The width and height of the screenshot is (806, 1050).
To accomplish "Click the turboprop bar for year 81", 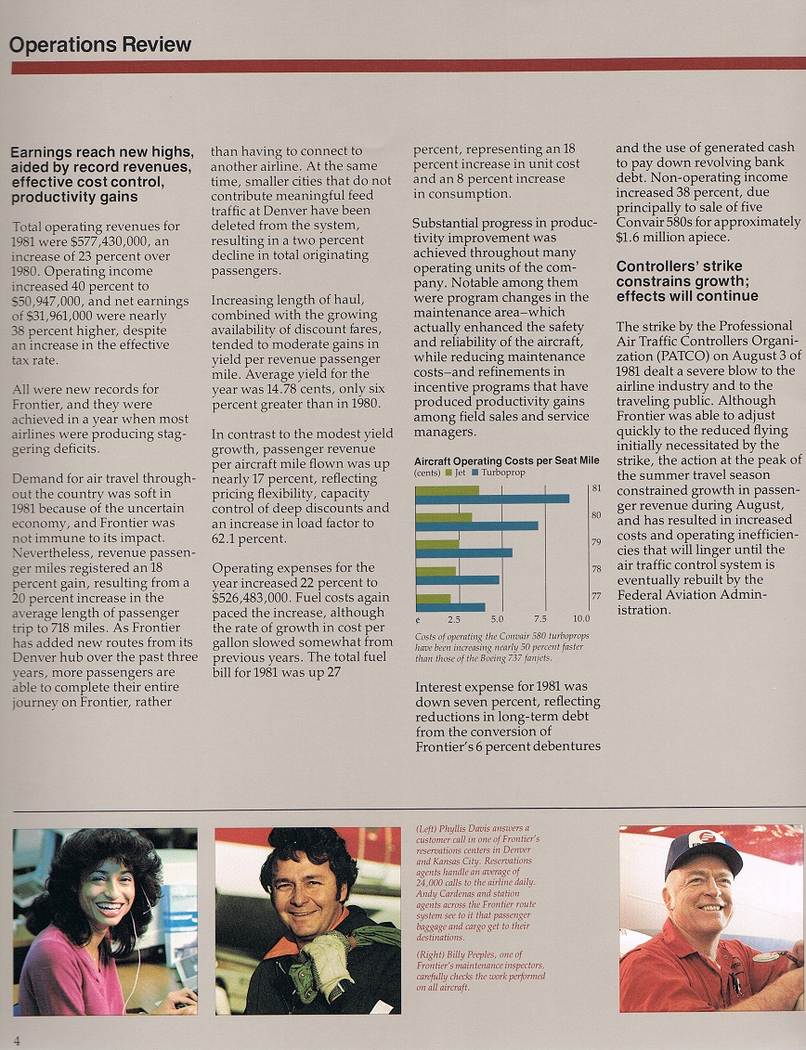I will coord(492,499).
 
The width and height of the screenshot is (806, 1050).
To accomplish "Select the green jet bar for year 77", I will coord(434,598).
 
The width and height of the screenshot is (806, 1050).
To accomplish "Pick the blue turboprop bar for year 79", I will coord(463,552).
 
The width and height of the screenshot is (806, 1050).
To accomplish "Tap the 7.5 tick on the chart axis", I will coord(540,618).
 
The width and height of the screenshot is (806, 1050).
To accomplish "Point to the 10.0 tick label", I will coord(580,618).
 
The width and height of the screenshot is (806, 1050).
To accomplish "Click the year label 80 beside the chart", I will coord(596,515).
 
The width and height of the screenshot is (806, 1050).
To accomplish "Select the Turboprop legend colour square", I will coord(475,473).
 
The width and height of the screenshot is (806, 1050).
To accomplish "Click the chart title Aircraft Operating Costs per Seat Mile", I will coord(506,460).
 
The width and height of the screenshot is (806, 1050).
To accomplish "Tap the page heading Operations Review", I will coord(100,45).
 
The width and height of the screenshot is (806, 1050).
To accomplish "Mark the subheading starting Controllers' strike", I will coord(687,281).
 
